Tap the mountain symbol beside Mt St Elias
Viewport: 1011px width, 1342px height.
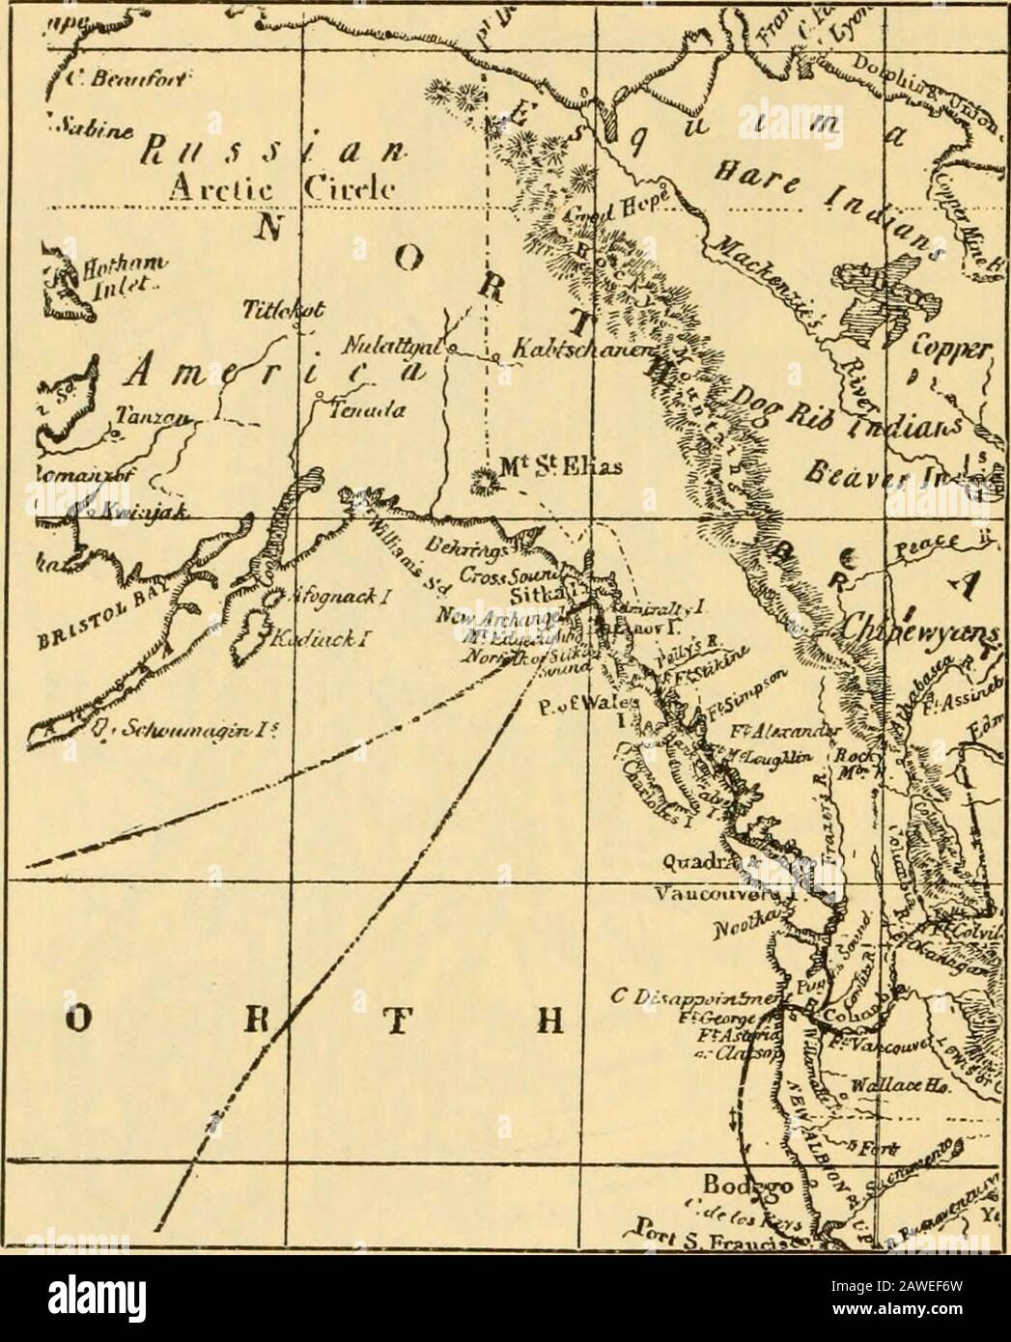[x=480, y=480]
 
